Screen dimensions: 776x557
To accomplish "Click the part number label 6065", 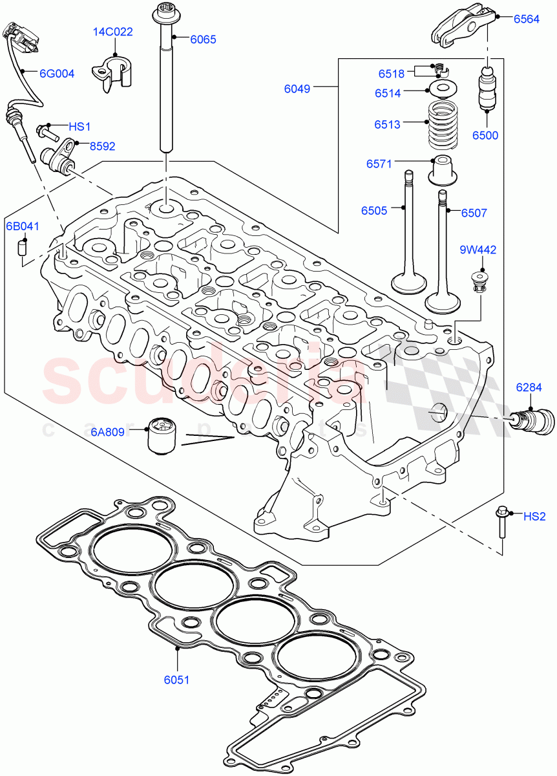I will [203, 39].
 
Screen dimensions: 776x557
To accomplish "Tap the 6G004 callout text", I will [57, 74].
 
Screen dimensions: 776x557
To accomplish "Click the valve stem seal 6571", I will [444, 171].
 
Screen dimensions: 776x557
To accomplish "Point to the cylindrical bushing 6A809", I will [162, 436].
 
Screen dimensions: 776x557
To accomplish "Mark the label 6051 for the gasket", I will [176, 680].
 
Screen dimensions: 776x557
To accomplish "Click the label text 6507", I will [474, 213].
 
